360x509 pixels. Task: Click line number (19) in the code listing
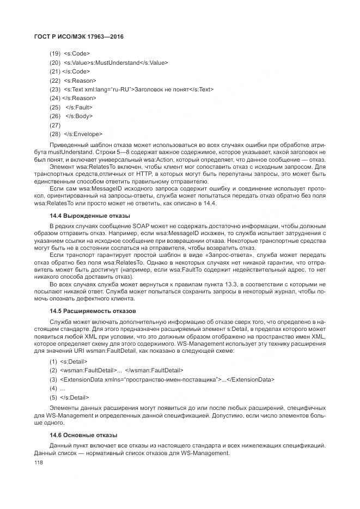click(x=54, y=54)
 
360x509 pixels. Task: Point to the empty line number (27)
click(x=54, y=125)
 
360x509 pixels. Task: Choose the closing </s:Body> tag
click(x=80, y=116)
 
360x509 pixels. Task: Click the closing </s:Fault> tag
click(x=80, y=107)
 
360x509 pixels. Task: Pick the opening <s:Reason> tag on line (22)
click(x=80, y=81)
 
